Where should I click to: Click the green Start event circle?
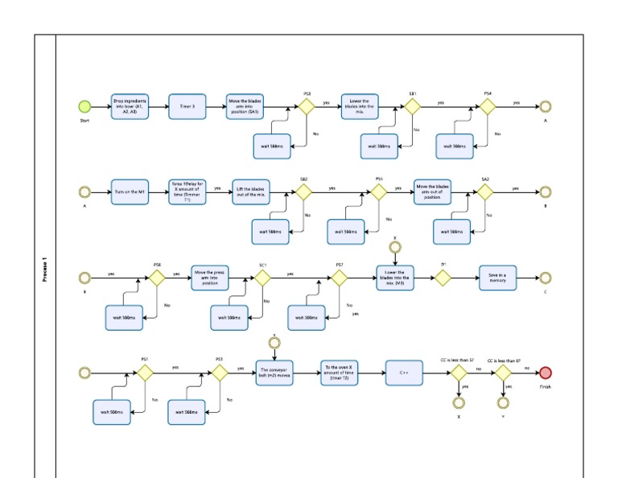click(84, 106)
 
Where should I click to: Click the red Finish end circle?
click(546, 373)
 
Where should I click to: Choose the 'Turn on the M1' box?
click(130, 192)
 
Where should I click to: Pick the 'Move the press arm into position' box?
click(210, 278)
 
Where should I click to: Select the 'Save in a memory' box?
click(497, 278)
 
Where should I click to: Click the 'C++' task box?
click(405, 373)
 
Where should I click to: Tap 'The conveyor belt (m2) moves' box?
click(275, 373)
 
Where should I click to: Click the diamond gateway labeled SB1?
click(413, 106)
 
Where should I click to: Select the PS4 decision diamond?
click(488, 106)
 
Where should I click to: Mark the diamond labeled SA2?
click(484, 192)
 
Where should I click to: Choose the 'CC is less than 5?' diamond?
click(458, 373)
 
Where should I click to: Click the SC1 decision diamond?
click(262, 278)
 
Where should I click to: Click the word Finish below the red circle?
click(546, 386)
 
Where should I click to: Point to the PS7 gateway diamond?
click(339, 278)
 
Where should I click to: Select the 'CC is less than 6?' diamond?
click(504, 373)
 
